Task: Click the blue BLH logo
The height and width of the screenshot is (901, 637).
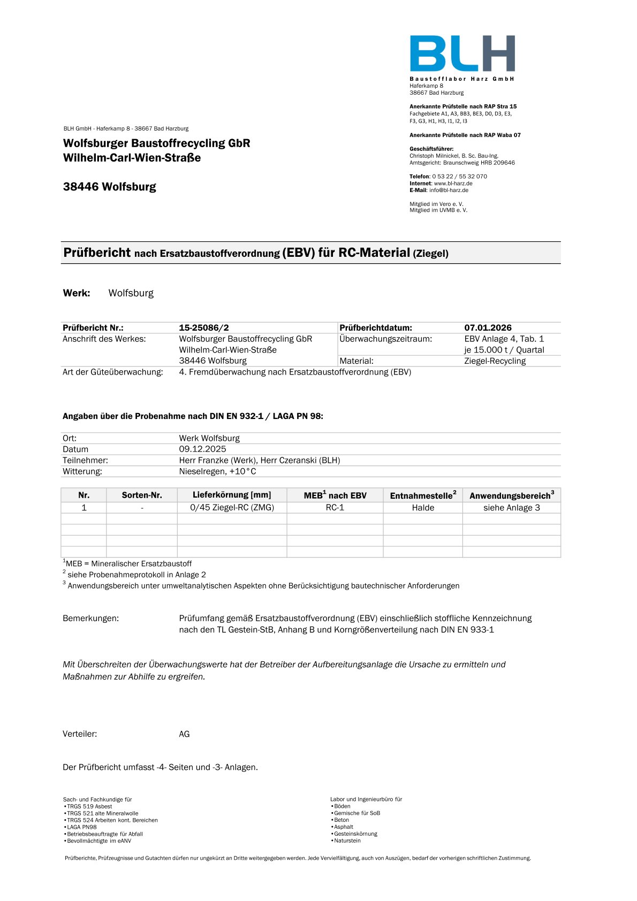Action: point(462,54)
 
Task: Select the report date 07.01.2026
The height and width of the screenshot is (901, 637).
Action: point(488,327)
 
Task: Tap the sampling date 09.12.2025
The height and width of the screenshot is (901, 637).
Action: point(202,449)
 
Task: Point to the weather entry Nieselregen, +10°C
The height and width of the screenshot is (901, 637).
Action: point(217,471)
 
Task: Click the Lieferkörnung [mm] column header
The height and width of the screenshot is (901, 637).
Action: point(232,495)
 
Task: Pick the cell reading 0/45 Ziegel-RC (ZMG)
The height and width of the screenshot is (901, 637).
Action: point(232,507)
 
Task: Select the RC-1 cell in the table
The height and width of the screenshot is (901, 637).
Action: point(335,507)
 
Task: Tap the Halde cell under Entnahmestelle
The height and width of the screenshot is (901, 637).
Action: point(423,507)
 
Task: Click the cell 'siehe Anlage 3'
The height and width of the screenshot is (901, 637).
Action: point(511,507)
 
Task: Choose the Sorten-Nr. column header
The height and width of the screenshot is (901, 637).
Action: point(142,495)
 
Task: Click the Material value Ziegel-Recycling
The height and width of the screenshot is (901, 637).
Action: point(495,361)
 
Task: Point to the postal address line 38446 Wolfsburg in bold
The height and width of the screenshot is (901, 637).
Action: point(110,187)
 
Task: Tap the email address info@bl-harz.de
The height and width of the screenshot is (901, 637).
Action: point(449,190)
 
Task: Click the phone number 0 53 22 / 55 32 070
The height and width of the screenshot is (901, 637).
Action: point(459,176)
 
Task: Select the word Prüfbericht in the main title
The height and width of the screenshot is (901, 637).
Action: point(97,253)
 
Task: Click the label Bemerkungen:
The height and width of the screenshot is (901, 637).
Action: point(90,618)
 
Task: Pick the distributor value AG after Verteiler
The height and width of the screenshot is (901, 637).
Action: point(184,734)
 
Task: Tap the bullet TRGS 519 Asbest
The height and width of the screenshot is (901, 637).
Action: point(89,806)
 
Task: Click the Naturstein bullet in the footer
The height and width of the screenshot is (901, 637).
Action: point(347,841)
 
